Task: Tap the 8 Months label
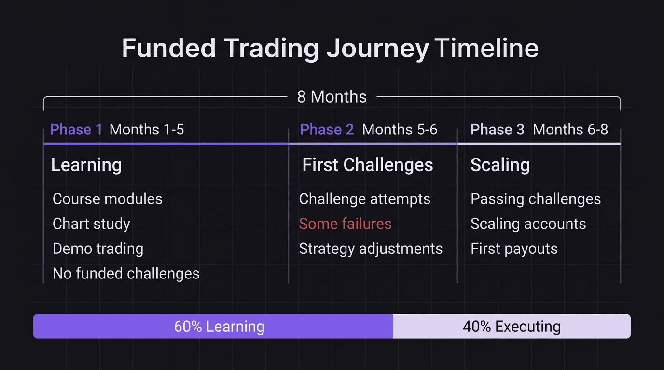[x=332, y=97]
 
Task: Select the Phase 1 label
[x=76, y=130]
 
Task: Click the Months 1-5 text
[x=147, y=130]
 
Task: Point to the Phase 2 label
[x=327, y=130]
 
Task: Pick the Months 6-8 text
[x=570, y=130]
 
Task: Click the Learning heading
[x=86, y=165]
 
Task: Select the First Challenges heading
[x=368, y=165]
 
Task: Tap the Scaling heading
[x=500, y=165]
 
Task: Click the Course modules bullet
[x=107, y=199]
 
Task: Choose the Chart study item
[x=91, y=224]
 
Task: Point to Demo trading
[x=98, y=249]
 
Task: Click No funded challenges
[x=126, y=274]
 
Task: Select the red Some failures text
[x=345, y=224]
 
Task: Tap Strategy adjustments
[x=371, y=249]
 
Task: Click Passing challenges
[x=536, y=199]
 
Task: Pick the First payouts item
[x=514, y=249]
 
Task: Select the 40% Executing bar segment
[x=512, y=326]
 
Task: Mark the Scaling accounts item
[x=528, y=224]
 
